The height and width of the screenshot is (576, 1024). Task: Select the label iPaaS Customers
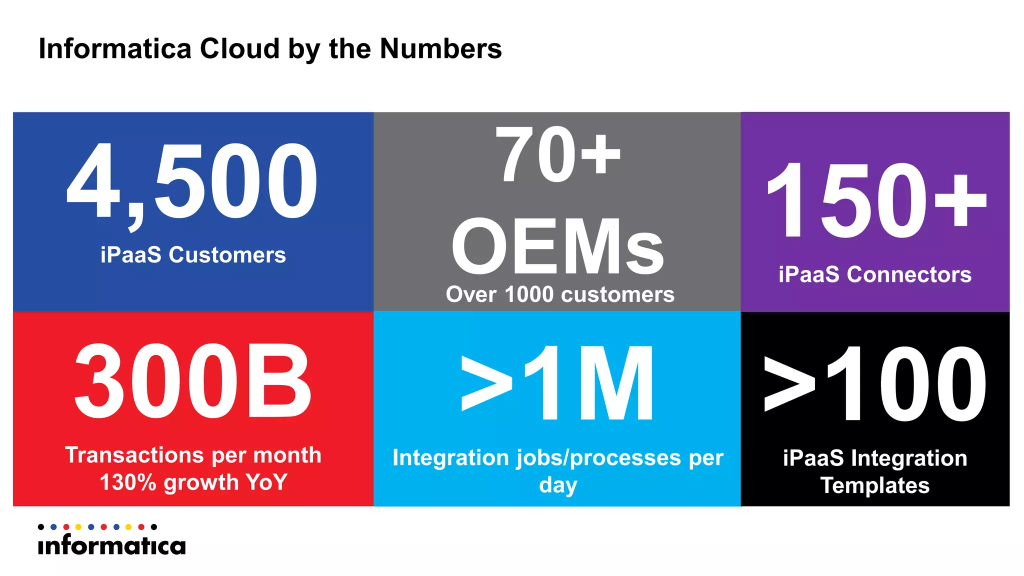click(x=193, y=255)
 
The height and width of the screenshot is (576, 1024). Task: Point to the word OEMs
click(x=557, y=247)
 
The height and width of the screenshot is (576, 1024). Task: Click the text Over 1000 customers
click(x=560, y=294)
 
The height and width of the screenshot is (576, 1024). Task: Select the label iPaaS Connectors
click(x=875, y=275)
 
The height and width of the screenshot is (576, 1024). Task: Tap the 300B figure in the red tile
click(x=193, y=381)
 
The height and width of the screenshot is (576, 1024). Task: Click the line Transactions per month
click(x=193, y=455)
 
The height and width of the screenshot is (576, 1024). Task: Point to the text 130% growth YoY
click(x=193, y=482)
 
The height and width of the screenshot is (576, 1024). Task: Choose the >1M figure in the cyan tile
click(x=557, y=383)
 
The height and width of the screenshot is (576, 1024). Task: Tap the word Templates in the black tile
click(x=875, y=485)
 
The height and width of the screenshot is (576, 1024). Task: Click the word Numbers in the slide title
click(x=440, y=49)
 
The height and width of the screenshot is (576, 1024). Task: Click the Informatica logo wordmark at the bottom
click(x=111, y=545)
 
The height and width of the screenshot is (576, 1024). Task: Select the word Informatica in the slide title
click(x=115, y=49)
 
